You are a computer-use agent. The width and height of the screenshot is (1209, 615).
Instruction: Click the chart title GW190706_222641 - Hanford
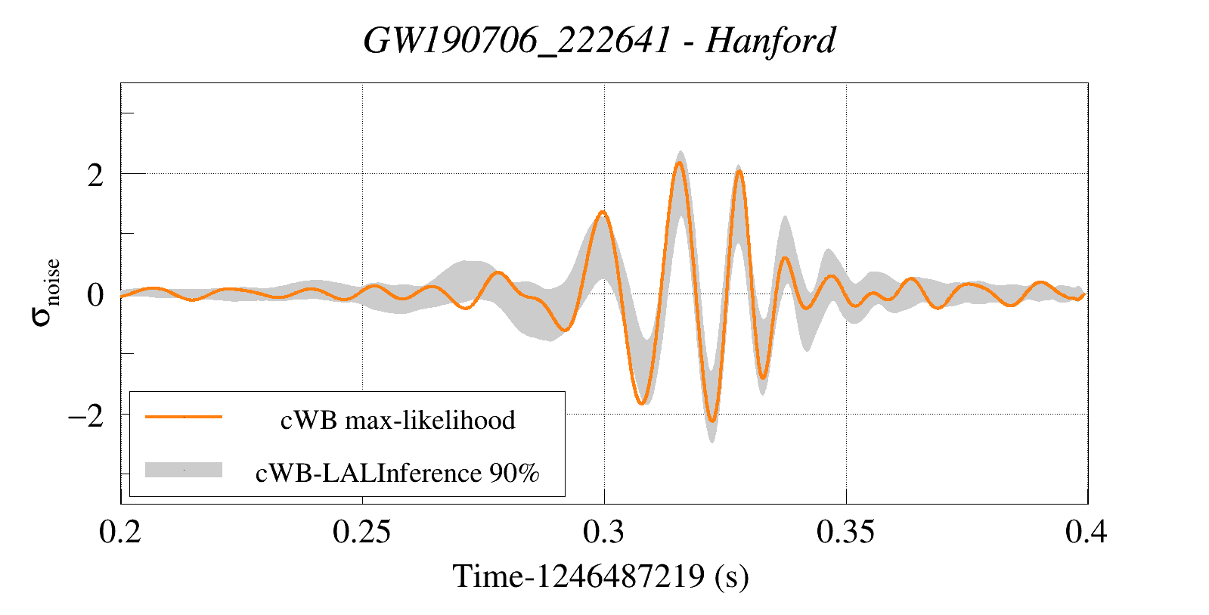pyautogui.click(x=600, y=41)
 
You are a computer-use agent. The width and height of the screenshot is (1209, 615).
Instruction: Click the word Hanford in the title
pyautogui.click(x=770, y=41)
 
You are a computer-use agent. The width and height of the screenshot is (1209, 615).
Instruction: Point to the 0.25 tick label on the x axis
pyautogui.click(x=362, y=533)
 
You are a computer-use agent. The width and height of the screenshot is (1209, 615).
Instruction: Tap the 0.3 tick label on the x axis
pyautogui.click(x=603, y=533)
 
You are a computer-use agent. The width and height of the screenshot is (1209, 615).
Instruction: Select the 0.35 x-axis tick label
pyautogui.click(x=845, y=533)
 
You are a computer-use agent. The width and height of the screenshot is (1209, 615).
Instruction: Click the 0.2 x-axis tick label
pyautogui.click(x=120, y=533)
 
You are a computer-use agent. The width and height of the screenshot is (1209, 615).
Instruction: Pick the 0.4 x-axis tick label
pyautogui.click(x=1087, y=533)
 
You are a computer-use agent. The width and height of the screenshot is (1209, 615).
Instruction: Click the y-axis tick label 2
pyautogui.click(x=95, y=175)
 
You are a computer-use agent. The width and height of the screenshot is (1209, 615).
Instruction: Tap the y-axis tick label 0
pyautogui.click(x=95, y=296)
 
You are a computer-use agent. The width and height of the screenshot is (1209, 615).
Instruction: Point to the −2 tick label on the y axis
pyautogui.click(x=85, y=416)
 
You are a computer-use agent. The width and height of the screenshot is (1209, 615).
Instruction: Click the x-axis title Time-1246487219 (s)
pyautogui.click(x=600, y=576)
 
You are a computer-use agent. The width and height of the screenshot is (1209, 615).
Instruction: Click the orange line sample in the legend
pyautogui.click(x=184, y=417)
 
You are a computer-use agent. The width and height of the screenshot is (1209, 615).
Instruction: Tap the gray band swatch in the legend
pyautogui.click(x=184, y=470)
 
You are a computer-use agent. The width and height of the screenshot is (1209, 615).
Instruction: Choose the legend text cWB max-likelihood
pyautogui.click(x=398, y=420)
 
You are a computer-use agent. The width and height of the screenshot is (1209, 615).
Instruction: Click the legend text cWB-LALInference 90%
pyautogui.click(x=398, y=473)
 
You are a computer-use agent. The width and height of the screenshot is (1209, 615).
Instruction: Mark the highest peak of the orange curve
pyautogui.click(x=680, y=163)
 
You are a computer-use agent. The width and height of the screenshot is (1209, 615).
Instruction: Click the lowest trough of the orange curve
pyautogui.click(x=711, y=421)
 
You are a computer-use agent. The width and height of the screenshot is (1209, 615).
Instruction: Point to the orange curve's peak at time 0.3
pyautogui.click(x=603, y=213)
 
